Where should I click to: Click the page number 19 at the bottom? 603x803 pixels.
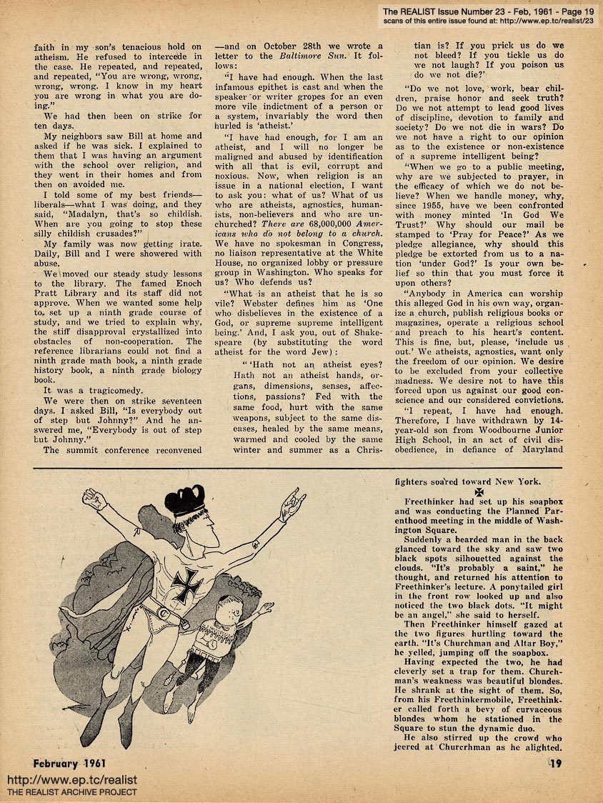(x=557, y=764)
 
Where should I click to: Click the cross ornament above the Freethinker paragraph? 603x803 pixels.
(x=479, y=493)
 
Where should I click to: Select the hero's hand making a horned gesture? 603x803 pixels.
(x=291, y=505)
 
